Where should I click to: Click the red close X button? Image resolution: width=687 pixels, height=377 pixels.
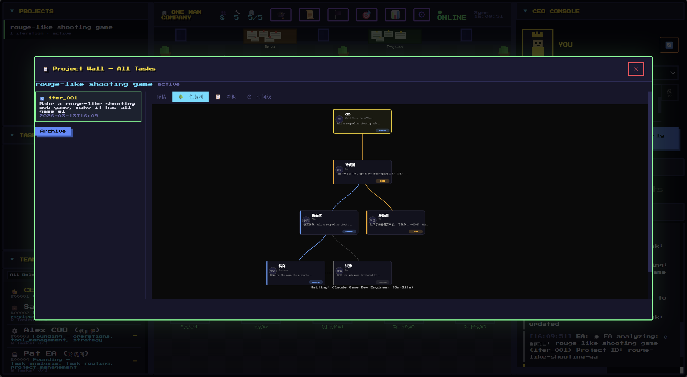[636, 69]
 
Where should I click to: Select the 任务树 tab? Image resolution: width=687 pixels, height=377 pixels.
[191, 97]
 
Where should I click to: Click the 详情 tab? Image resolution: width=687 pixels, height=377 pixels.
[162, 97]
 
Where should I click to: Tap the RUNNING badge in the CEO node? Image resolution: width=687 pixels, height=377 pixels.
[382, 131]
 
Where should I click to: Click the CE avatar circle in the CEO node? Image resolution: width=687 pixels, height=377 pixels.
[339, 119]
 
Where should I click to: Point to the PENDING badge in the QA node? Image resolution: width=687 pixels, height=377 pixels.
[382, 282]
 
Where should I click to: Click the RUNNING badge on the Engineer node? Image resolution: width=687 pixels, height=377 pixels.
[316, 282]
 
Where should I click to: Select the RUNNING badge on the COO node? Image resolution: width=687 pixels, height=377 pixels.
[349, 232]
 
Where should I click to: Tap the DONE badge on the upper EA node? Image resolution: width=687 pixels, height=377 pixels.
[382, 181]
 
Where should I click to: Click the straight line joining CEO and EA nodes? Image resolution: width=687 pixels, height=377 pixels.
[362, 147]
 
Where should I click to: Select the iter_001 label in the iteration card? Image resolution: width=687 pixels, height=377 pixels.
[63, 98]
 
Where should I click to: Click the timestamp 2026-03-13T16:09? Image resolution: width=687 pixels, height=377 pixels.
[69, 116]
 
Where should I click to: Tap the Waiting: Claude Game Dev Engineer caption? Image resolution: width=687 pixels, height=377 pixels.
[362, 287]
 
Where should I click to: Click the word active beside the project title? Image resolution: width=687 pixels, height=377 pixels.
[169, 84]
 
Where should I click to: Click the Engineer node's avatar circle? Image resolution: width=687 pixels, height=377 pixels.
[273, 271]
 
